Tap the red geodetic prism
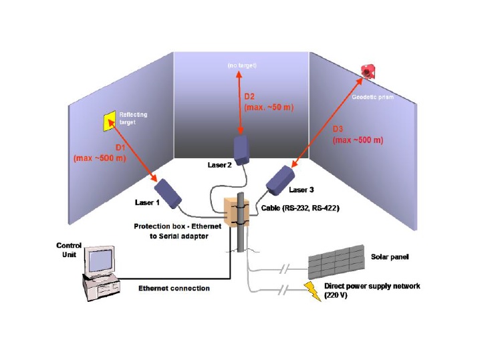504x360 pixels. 367,70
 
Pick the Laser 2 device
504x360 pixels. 241,150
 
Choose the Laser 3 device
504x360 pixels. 281,178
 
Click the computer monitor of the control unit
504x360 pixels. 102,260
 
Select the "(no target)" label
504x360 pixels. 242,65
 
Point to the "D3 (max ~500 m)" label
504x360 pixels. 358,136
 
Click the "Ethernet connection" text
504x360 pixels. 174,289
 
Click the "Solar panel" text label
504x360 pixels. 391,256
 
